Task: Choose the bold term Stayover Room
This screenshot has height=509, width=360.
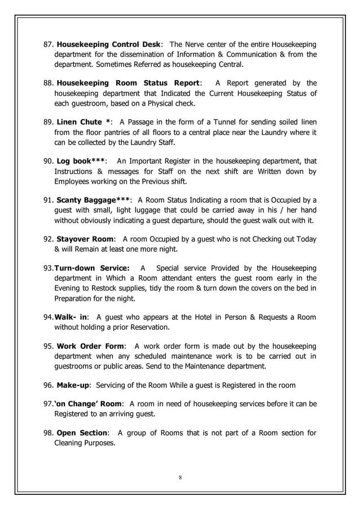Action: pyautogui.click(x=84, y=239)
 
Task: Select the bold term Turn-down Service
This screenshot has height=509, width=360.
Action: pyautogui.click(x=91, y=267)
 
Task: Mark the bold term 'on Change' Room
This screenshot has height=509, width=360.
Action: pyautogui.click(x=89, y=403)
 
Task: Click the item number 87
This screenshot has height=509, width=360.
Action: pyautogui.click(x=49, y=45)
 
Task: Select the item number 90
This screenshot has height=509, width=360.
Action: pyautogui.click(x=49, y=161)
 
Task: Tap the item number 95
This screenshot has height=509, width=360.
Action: pyautogui.click(x=49, y=345)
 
